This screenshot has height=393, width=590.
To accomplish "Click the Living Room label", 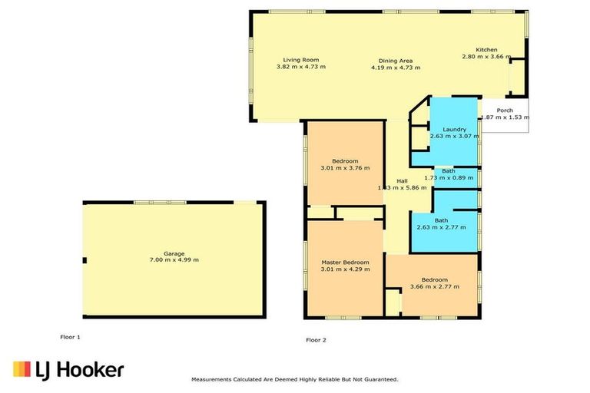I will [x=300, y=60].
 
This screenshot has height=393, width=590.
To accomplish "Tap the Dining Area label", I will [x=396, y=61].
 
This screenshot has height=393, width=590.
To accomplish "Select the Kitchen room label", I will [x=486, y=49].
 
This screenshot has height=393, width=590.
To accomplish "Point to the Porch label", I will [x=505, y=110].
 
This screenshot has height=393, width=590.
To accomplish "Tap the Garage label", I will [x=174, y=252].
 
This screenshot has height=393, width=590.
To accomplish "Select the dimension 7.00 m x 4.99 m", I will [x=174, y=259].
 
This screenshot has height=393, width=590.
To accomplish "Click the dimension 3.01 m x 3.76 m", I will [x=345, y=167].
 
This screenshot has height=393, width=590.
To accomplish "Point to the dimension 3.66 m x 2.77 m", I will [x=435, y=286].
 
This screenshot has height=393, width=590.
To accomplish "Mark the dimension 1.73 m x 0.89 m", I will [x=449, y=177].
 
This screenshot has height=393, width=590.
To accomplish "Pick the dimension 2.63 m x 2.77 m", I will [x=441, y=227].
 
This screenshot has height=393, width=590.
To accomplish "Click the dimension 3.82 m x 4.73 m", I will [x=300, y=67].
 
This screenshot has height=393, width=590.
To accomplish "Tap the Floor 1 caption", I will [x=71, y=337].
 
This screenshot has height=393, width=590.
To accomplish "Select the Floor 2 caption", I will [x=316, y=339].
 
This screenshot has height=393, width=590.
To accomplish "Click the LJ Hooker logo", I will [x=68, y=370].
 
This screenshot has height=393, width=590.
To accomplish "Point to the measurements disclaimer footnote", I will [x=294, y=379].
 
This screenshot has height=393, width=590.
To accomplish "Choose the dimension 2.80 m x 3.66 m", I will [x=486, y=57].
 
